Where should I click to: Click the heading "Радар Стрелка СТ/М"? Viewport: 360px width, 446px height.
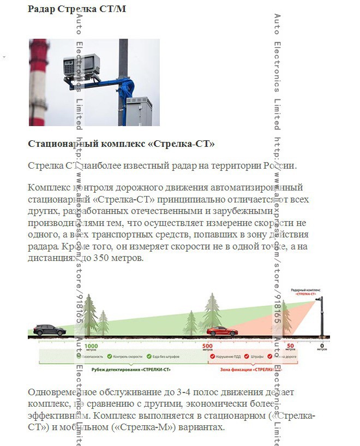77,9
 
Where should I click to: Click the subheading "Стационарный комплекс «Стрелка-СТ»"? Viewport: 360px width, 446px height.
121,144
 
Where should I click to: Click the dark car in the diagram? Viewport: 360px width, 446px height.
50,330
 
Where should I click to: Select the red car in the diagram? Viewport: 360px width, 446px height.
222,331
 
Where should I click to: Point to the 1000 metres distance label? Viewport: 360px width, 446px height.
91,347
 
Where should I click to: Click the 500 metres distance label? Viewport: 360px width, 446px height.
207,347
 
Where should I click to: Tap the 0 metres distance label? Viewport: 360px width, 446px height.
321,347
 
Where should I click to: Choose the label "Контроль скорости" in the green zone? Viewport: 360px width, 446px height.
128,356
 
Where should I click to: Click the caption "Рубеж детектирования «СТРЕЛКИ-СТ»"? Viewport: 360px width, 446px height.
139,370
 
